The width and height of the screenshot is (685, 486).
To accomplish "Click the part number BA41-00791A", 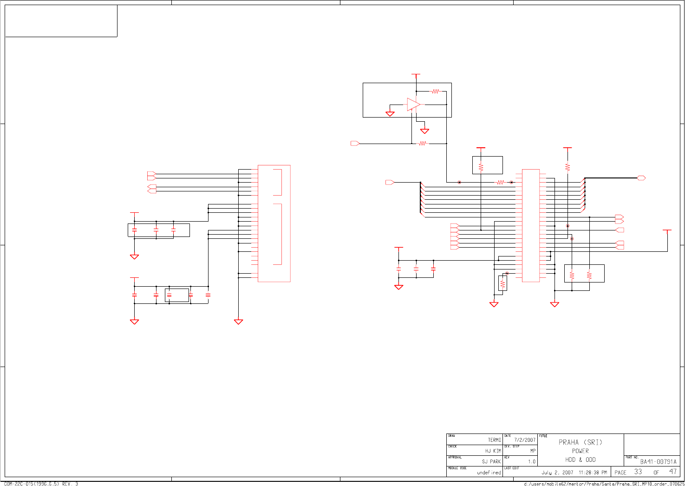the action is pyautogui.click(x=658, y=462).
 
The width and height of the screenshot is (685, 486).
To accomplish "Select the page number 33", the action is pyautogui.click(x=638, y=472).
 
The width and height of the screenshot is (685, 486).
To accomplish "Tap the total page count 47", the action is pyautogui.click(x=672, y=472).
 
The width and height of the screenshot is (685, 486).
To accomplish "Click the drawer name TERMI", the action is pyautogui.click(x=494, y=440).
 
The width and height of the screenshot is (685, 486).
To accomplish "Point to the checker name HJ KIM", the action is pyautogui.click(x=493, y=451).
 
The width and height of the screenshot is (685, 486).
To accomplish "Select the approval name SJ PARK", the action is pyautogui.click(x=491, y=461).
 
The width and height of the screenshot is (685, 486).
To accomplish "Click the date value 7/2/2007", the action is pyautogui.click(x=524, y=440).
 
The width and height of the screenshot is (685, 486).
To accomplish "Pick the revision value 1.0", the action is pyautogui.click(x=531, y=462).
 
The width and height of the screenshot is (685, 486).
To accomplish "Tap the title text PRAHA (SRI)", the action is pyautogui.click(x=580, y=442).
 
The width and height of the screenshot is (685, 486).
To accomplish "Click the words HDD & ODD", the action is pyautogui.click(x=580, y=460).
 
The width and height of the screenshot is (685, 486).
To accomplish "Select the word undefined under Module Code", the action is pyautogui.click(x=489, y=473).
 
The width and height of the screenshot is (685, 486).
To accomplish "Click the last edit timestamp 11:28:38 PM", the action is pyautogui.click(x=593, y=473).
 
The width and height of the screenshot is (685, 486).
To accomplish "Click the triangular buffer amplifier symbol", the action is pyautogui.click(x=413, y=105).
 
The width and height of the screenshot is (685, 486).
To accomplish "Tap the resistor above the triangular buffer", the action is pyautogui.click(x=435, y=92).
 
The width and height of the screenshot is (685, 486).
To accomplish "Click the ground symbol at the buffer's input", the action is pyautogui.click(x=390, y=114).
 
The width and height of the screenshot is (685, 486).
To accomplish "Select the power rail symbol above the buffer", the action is pyautogui.click(x=416, y=74).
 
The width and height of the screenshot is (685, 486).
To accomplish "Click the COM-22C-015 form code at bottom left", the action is pyautogui.click(x=41, y=484).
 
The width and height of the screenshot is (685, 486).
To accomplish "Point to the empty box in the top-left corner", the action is pyautogui.click(x=61, y=21).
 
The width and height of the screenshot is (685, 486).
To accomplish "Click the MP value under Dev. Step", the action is pyautogui.click(x=533, y=451).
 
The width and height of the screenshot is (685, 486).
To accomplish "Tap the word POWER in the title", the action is pyautogui.click(x=580, y=451).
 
